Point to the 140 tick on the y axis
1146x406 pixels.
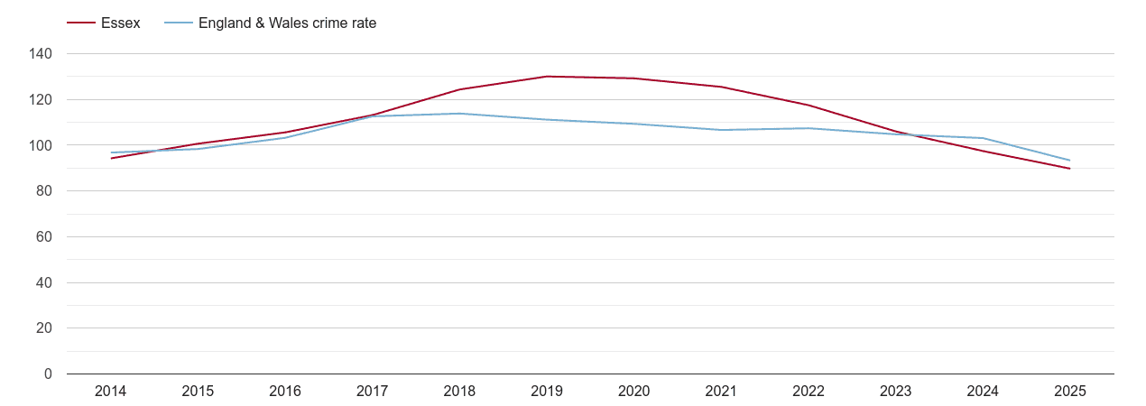click(x=41, y=54)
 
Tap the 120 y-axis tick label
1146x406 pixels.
click(x=41, y=100)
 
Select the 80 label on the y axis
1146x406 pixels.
click(x=44, y=191)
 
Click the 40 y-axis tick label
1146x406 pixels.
click(x=44, y=282)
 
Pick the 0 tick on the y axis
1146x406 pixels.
click(x=48, y=374)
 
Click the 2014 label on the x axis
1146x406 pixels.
click(x=110, y=392)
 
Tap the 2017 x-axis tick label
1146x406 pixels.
click(x=372, y=392)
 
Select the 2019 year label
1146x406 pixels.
click(x=547, y=392)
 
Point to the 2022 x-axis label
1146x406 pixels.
click(x=809, y=392)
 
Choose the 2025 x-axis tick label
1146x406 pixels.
click(x=1070, y=392)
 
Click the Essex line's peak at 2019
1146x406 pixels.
click(x=547, y=77)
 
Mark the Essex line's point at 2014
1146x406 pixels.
click(x=110, y=158)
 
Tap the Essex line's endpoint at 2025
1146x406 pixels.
click(x=1070, y=169)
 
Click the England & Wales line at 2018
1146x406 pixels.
click(x=459, y=114)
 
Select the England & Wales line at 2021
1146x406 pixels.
click(x=721, y=130)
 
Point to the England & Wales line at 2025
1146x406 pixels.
click(x=1070, y=161)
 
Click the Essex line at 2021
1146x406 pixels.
click(x=721, y=87)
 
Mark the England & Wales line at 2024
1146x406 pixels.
click(x=983, y=138)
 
